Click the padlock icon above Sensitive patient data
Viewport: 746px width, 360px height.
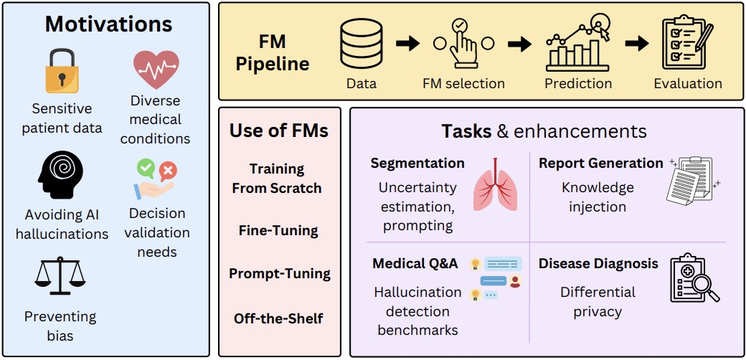[x=62, y=72]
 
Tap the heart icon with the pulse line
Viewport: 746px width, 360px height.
[x=156, y=70]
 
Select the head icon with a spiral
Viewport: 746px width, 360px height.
[x=60, y=171]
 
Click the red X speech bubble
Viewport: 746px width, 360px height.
[x=167, y=170]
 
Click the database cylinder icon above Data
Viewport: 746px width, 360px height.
[x=362, y=44]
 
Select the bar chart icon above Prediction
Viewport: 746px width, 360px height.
[x=578, y=44]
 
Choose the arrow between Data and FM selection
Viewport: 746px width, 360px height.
[x=407, y=44]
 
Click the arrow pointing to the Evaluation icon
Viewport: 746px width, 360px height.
[x=636, y=44]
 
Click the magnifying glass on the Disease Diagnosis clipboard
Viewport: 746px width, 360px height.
[x=704, y=288]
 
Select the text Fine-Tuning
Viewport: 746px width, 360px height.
[x=278, y=231]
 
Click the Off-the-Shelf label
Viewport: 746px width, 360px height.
[x=278, y=318]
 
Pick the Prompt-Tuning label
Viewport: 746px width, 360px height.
[x=280, y=274]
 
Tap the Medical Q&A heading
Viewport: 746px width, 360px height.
[x=415, y=263]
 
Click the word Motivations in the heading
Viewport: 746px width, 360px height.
[x=108, y=24]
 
